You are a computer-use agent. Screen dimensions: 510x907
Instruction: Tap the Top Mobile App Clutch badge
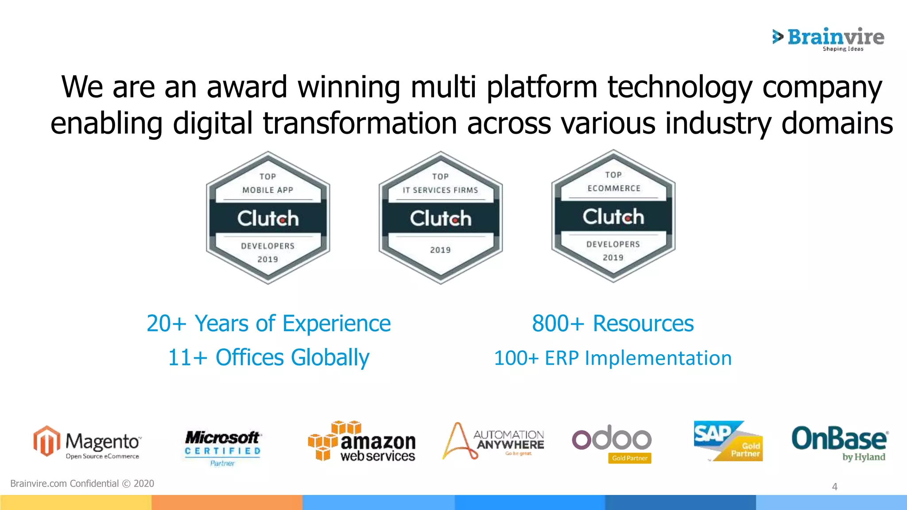click(268, 218)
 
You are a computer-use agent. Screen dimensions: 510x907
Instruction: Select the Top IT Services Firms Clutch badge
click(441, 218)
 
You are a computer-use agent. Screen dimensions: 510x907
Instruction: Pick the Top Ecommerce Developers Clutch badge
click(613, 216)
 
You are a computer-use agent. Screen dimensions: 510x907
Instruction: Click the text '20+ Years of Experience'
click(268, 323)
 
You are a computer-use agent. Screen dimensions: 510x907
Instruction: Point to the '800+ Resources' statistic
click(612, 323)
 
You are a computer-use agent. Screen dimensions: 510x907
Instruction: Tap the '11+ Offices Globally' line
click(268, 357)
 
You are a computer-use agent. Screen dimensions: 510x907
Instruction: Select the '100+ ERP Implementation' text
click(612, 358)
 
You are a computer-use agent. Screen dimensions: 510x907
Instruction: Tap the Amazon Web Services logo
click(362, 441)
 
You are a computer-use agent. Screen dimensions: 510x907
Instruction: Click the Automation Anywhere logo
click(493, 441)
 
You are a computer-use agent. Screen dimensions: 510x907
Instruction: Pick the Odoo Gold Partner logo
click(612, 443)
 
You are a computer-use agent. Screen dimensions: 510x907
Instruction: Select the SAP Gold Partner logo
click(728, 441)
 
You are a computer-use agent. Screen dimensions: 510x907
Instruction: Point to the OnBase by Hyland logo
click(839, 443)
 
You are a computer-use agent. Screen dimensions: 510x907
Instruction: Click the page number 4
click(835, 487)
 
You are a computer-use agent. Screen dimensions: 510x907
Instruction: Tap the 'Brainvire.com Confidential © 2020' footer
click(82, 483)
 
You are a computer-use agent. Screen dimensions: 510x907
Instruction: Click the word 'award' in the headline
click(247, 87)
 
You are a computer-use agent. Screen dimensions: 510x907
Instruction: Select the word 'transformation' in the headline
click(360, 123)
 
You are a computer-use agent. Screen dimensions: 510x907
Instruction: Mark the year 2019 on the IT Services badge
click(440, 250)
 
